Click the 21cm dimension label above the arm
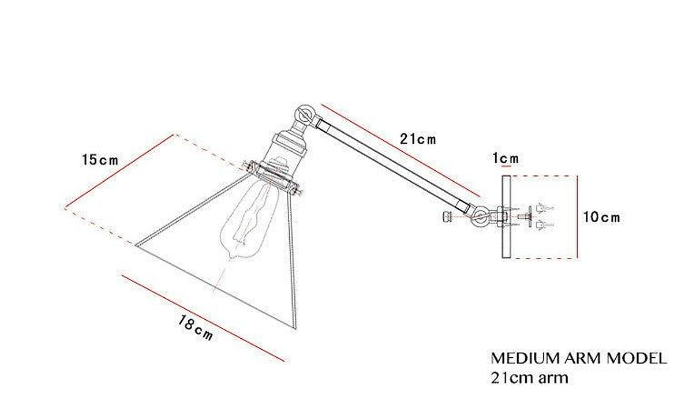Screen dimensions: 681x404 click(x=418, y=139)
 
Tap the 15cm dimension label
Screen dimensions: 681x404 click(x=100, y=160)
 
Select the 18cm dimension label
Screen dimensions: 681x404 click(x=196, y=328)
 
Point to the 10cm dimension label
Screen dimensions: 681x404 click(x=601, y=217)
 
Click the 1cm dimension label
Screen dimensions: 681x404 click(x=506, y=159)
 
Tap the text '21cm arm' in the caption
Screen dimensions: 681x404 click(x=529, y=377)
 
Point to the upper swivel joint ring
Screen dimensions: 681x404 click(x=303, y=115)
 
